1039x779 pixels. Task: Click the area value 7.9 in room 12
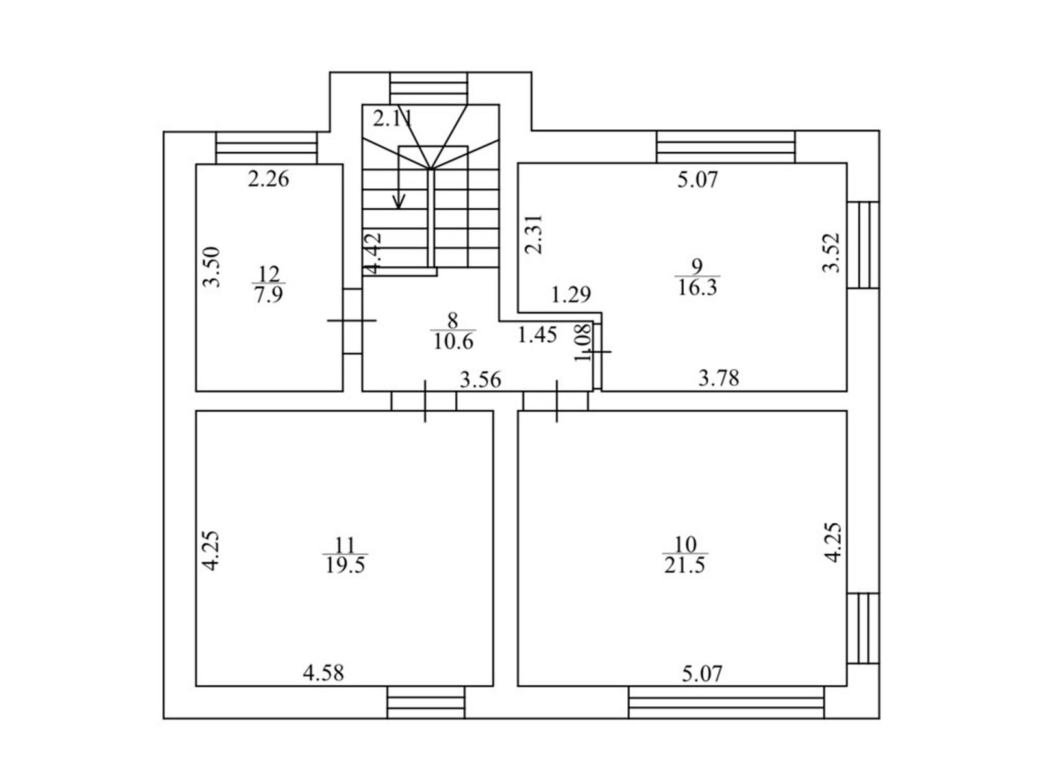[269, 295]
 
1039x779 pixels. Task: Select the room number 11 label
[345, 545]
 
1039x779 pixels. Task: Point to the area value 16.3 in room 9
[697, 288]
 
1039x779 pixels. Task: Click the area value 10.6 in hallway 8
[453, 341]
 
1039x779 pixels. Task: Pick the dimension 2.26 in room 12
[268, 179]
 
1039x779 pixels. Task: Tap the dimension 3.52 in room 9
[831, 253]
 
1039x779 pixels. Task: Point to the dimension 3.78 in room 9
[719, 378]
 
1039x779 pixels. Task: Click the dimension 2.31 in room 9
[534, 234]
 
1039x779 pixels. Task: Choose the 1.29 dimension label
[571, 295]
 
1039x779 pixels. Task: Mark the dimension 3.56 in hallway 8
[481, 380]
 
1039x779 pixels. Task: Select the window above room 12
[266, 148]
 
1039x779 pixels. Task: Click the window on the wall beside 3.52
[863, 245]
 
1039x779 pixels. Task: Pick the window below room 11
[426, 702]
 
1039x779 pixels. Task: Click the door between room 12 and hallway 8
[352, 321]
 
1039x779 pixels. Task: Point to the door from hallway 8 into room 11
[424, 401]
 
